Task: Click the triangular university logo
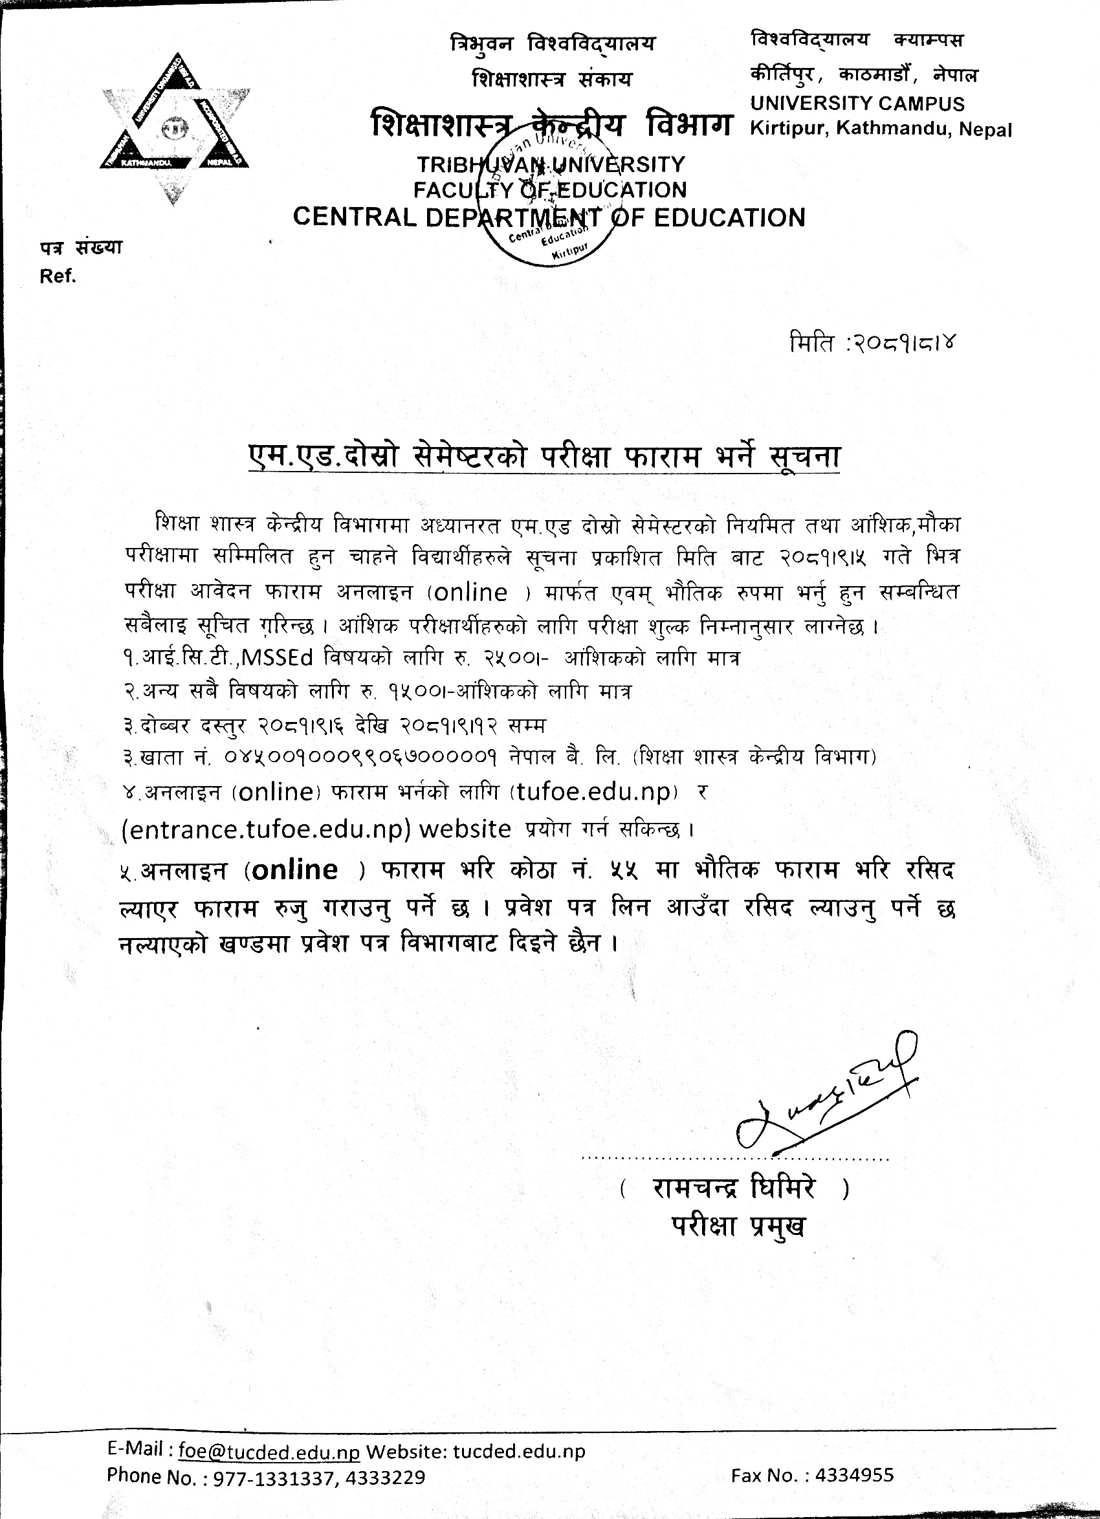175,127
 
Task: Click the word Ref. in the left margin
58,277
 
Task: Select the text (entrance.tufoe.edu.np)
267,829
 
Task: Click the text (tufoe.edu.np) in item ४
594,792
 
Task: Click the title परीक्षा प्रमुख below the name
738,1226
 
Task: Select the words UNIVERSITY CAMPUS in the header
857,104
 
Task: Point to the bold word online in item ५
296,869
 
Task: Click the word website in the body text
464,829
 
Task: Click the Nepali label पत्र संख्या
81,247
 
